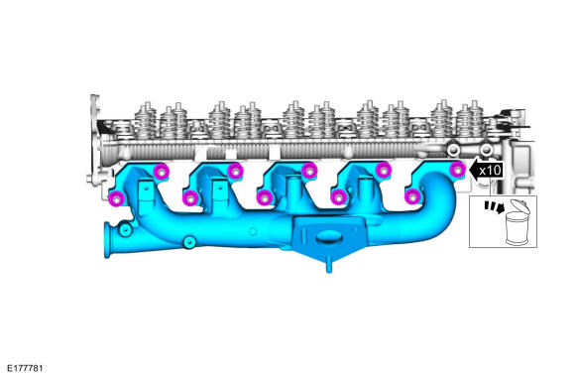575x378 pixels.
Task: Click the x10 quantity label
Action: [490, 171]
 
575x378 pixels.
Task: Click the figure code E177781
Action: [25, 368]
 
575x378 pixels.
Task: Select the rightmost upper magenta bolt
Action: [457, 170]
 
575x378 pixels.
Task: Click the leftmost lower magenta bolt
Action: [117, 199]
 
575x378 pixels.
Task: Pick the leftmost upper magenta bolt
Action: [162, 172]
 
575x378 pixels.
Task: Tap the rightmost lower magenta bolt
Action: [412, 196]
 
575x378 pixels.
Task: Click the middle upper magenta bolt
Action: [309, 171]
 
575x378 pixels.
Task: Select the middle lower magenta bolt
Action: [265, 197]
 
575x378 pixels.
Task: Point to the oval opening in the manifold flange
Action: [329, 237]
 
